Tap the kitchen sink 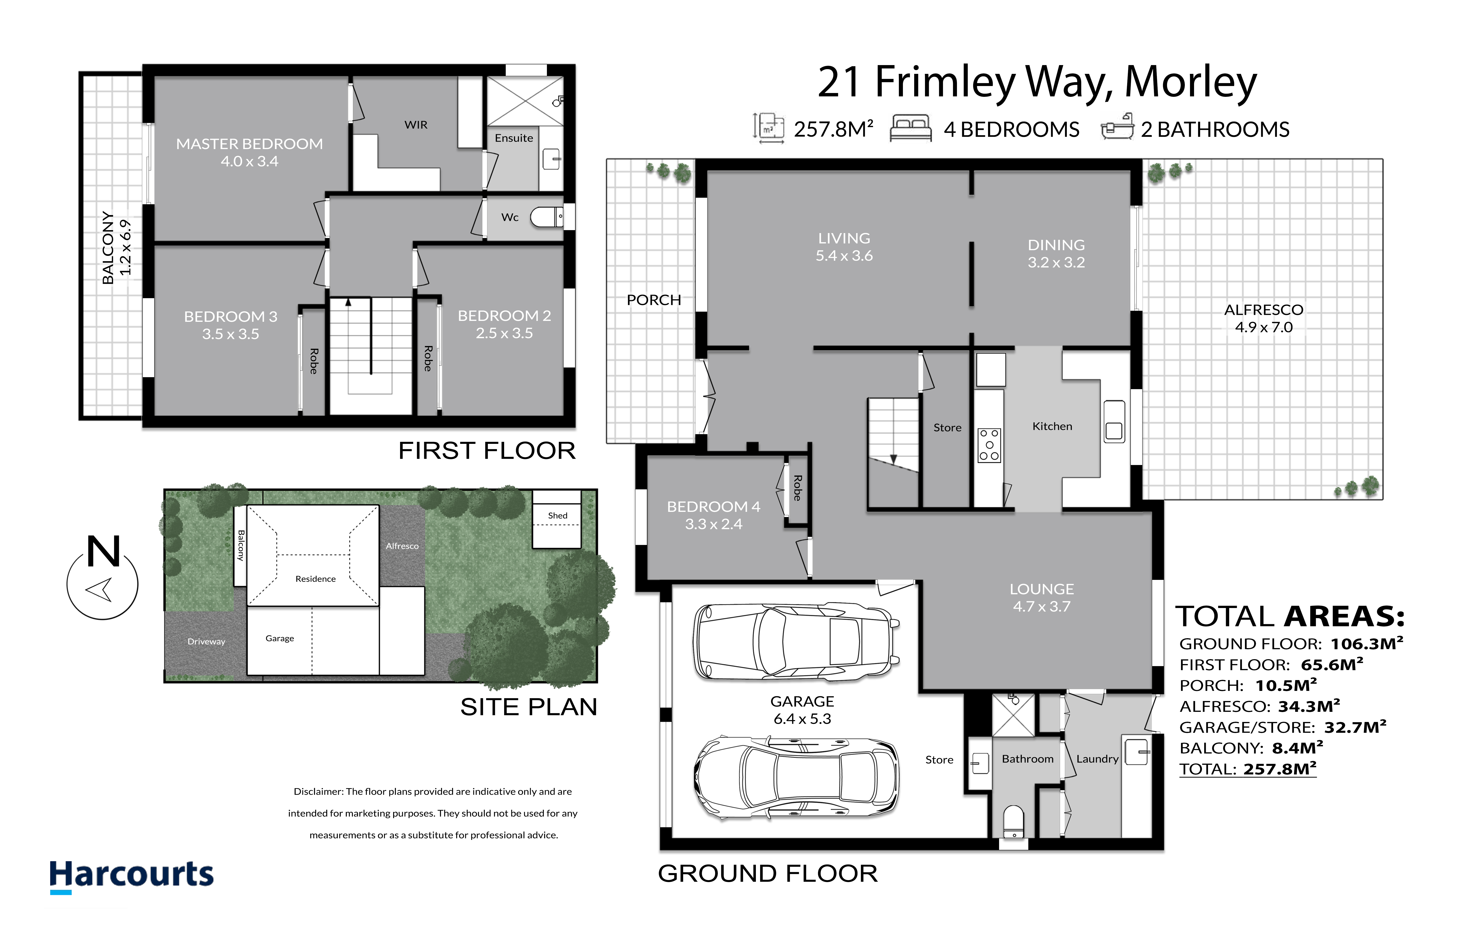[x=1114, y=422]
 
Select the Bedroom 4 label [x=713, y=507]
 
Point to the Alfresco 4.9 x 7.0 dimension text [x=1263, y=327]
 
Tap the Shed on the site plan [x=556, y=519]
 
